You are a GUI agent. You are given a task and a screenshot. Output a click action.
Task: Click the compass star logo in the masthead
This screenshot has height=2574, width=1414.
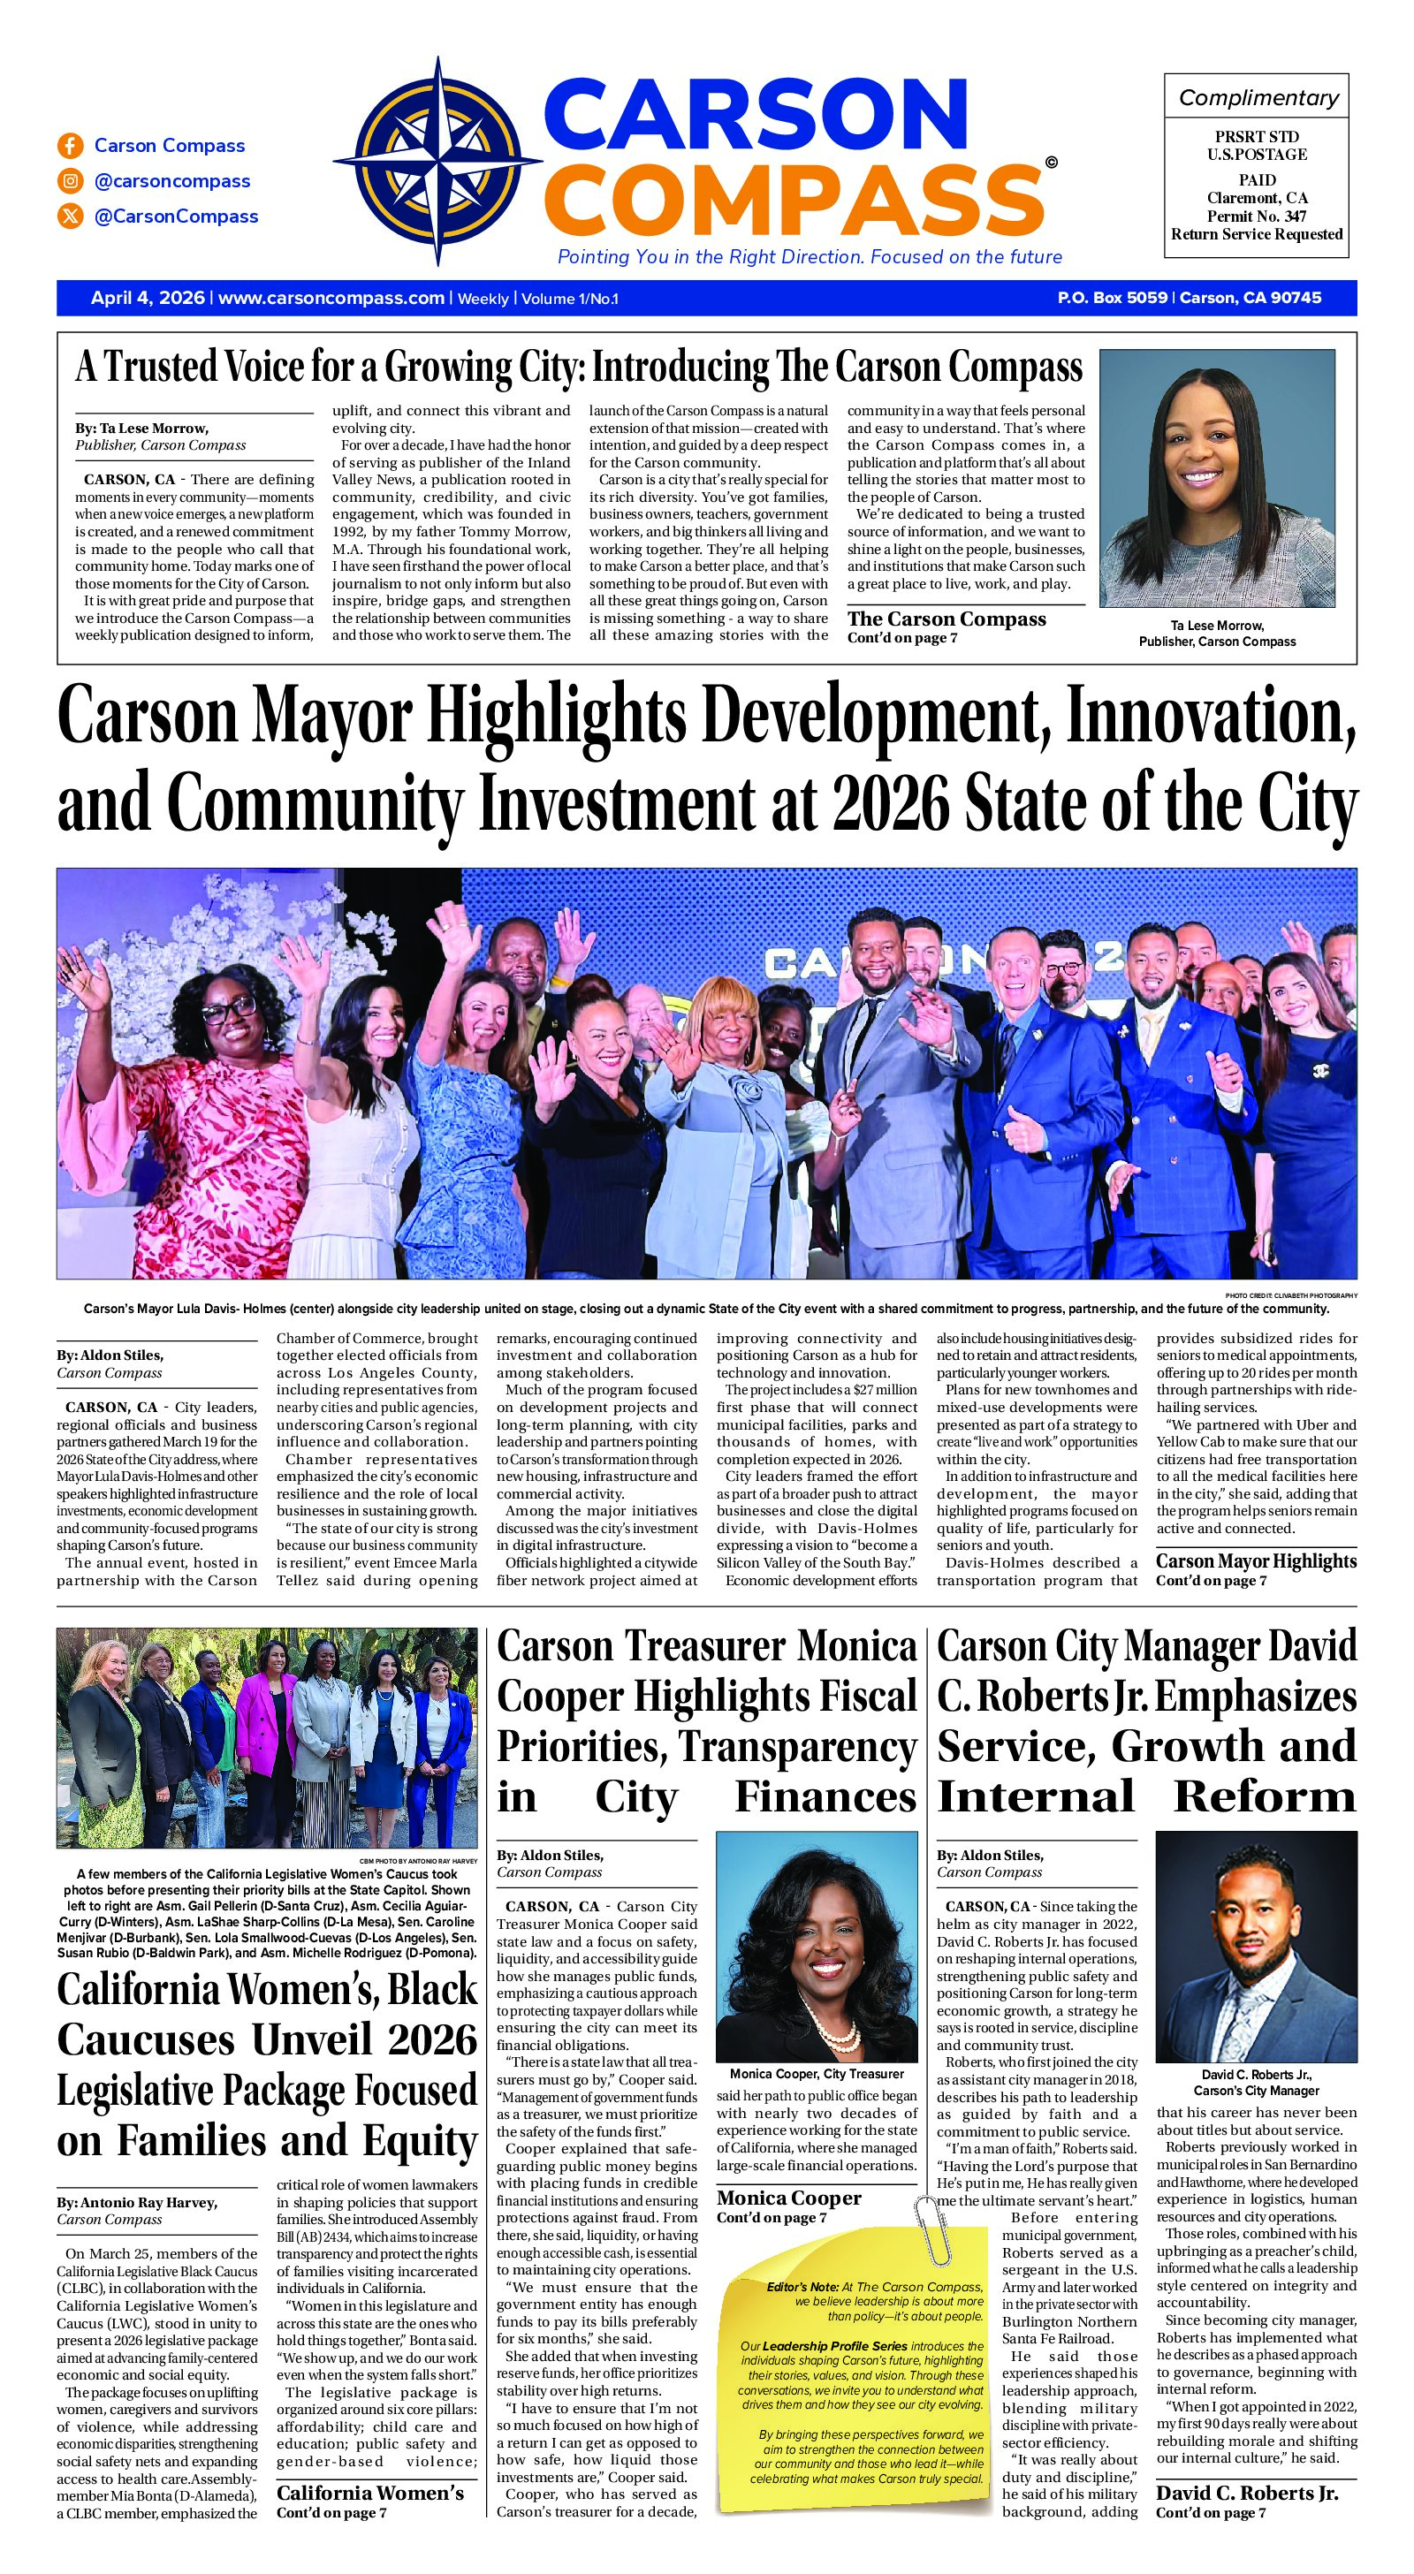[438, 162]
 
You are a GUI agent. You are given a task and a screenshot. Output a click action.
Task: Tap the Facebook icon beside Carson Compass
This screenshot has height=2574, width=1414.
[70, 146]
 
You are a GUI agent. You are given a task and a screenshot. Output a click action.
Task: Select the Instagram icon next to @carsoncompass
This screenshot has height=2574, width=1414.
[70, 181]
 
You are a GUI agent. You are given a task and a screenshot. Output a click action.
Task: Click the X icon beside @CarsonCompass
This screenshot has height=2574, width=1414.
[70, 216]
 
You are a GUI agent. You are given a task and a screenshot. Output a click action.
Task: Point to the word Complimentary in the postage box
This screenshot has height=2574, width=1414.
[1258, 97]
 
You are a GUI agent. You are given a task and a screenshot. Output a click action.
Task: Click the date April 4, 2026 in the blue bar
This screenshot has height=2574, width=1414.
[147, 298]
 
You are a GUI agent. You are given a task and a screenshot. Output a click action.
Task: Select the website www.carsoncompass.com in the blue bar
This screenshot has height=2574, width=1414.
[331, 298]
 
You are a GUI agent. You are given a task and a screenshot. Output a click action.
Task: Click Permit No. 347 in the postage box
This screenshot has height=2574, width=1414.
[1257, 216]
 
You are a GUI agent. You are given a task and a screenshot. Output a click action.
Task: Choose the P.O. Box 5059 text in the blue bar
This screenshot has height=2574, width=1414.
[1111, 298]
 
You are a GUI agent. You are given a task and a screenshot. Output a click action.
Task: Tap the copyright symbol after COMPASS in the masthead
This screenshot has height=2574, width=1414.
[1049, 162]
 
